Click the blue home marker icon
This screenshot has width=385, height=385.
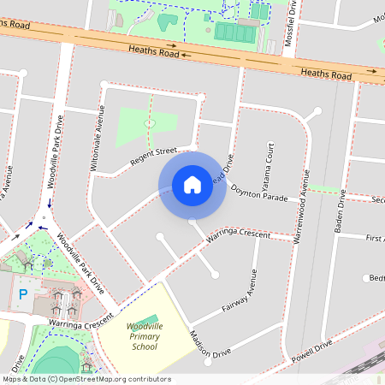(192, 184)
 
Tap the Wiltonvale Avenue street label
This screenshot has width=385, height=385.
(96, 138)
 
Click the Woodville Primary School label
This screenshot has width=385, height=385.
(143, 336)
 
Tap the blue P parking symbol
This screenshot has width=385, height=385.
(23, 293)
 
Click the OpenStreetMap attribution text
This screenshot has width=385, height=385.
(86, 379)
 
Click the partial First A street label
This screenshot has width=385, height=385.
(373, 237)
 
